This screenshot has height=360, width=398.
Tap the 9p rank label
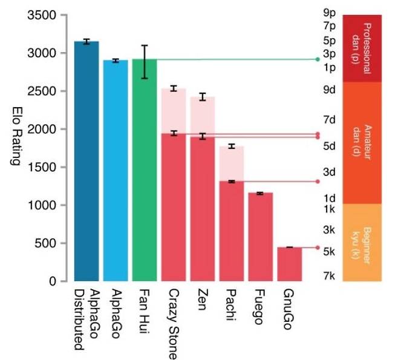(x=330, y=13)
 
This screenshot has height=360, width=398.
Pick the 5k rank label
(x=330, y=251)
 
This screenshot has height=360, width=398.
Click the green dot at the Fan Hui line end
(x=317, y=59)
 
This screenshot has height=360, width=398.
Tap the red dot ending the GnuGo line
(x=317, y=247)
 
